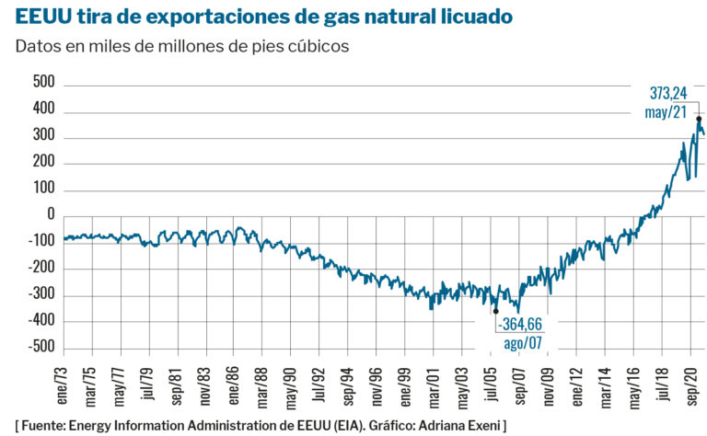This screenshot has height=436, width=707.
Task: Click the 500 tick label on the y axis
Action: (43, 83)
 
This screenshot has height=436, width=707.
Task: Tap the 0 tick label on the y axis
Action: (51, 215)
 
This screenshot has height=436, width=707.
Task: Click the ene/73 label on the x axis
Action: (64, 380)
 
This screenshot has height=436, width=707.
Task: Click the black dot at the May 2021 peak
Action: (699, 119)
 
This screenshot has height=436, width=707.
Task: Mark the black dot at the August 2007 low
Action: (496, 311)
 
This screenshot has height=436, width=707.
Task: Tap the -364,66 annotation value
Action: (520, 326)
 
